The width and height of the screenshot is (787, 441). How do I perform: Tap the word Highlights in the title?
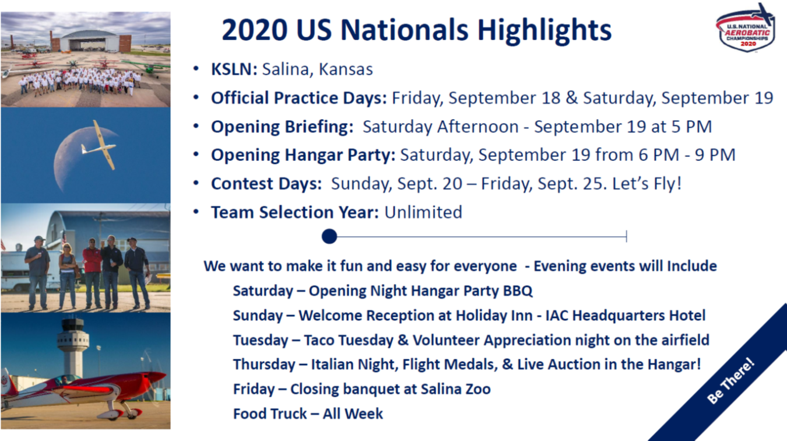point(544,30)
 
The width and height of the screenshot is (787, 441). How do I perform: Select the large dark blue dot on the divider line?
point(329,236)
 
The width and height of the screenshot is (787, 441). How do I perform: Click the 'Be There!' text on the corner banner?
point(731,380)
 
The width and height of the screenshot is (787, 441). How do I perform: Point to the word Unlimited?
point(423,212)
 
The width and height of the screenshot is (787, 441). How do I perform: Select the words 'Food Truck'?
point(270,414)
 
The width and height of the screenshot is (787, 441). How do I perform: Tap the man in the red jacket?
point(92,272)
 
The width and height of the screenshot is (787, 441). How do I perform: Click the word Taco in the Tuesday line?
point(319,341)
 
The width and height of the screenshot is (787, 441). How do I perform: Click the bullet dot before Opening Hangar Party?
point(196,155)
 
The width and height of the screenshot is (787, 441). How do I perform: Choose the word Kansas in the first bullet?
point(346,69)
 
